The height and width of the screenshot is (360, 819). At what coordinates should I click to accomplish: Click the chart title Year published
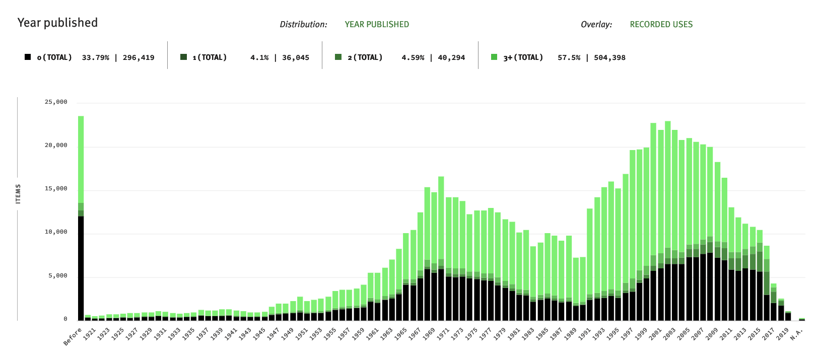click(x=57, y=23)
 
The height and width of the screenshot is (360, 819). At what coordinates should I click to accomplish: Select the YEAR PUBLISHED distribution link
click(x=376, y=24)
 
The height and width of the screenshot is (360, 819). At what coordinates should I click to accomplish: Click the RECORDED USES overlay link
click(x=661, y=24)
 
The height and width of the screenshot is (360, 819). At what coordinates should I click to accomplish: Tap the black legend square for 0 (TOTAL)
click(x=28, y=57)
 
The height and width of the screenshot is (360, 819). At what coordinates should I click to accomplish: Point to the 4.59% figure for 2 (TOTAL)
click(x=413, y=57)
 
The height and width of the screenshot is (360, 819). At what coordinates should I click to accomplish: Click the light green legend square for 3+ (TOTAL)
click(x=494, y=57)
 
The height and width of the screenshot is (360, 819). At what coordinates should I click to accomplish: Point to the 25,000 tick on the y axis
click(x=56, y=102)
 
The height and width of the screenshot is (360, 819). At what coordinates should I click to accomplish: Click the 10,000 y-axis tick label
click(x=56, y=232)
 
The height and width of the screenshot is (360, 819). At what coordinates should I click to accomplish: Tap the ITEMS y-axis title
click(x=19, y=194)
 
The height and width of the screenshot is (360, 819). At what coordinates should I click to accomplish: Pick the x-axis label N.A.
click(x=796, y=333)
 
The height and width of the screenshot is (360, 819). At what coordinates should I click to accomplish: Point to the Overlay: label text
click(x=596, y=24)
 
